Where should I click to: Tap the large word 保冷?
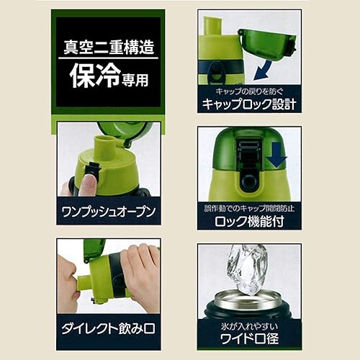click(x=89, y=77)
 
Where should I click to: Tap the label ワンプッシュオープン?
click(x=109, y=213)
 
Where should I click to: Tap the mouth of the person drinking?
click(x=67, y=291)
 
